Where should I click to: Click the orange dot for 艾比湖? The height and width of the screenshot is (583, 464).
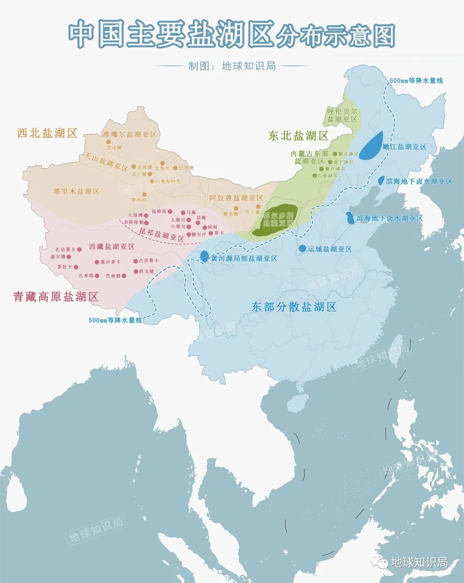[x=108, y=142]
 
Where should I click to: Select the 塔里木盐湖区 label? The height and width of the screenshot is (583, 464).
[x=76, y=191]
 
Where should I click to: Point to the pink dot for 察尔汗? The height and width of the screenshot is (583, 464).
[x=188, y=234]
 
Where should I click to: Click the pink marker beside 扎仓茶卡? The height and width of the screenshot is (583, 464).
[x=79, y=249]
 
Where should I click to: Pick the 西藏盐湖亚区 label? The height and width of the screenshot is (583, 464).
[x=112, y=246]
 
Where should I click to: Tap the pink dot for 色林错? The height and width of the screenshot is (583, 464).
[x=124, y=276]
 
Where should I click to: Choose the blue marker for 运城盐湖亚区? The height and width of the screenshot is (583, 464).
[x=302, y=249]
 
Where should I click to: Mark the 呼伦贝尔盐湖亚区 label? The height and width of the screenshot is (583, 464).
[x=342, y=115]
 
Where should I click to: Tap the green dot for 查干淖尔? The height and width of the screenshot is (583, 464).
[x=330, y=162]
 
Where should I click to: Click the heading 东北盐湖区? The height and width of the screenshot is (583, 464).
[x=298, y=136]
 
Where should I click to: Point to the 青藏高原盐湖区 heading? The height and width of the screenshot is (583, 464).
[x=55, y=297]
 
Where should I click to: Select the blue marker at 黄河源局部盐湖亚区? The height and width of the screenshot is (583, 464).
[x=205, y=256]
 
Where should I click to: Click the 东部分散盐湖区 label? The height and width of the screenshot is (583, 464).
[x=293, y=307]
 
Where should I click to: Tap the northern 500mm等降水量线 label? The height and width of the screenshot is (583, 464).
[x=416, y=80]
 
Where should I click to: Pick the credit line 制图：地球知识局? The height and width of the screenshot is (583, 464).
[x=232, y=66]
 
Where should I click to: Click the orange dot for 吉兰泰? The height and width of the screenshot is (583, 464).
[x=258, y=207]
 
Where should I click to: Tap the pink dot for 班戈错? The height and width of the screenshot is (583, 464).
[x=136, y=271]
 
